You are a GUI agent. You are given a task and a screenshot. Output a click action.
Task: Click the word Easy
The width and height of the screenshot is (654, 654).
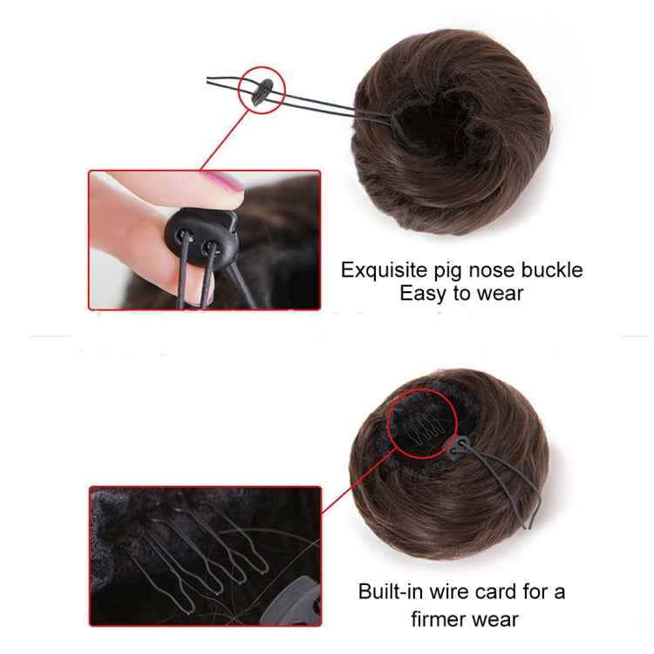click(425, 294)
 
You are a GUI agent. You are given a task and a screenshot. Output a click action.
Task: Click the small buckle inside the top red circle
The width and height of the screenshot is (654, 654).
click(262, 95)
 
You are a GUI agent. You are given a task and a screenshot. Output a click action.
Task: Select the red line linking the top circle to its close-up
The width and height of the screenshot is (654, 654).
click(222, 144)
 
